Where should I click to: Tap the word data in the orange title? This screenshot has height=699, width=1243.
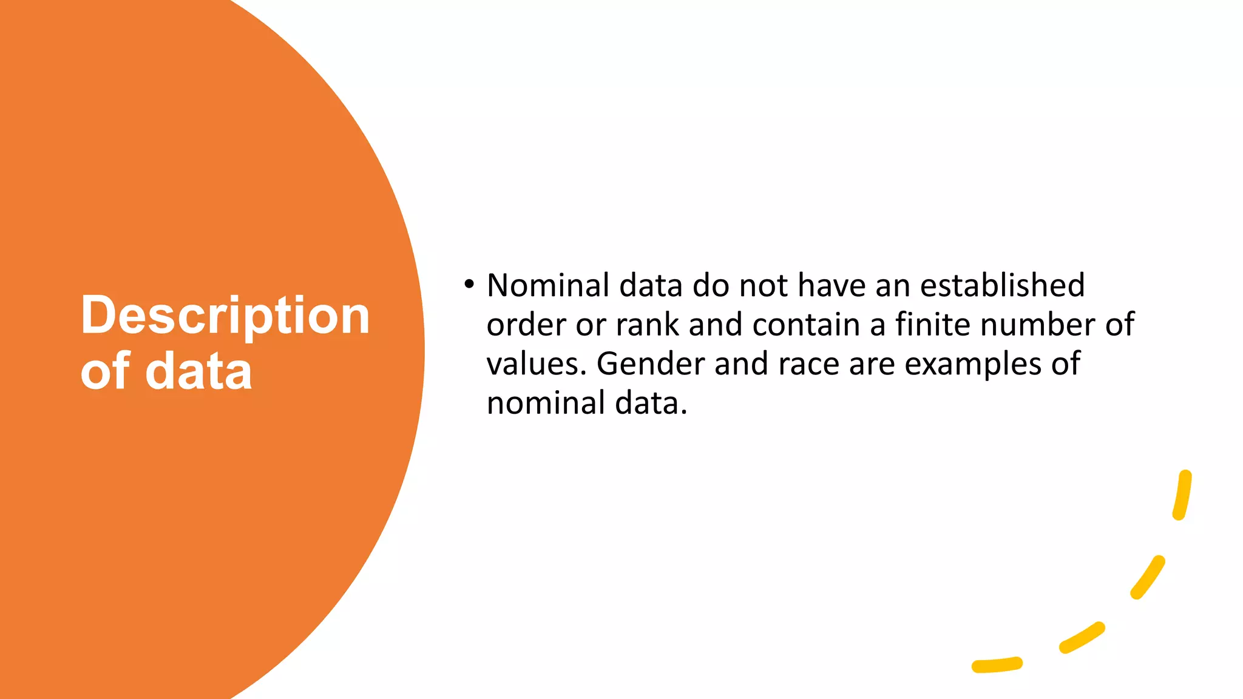(x=198, y=371)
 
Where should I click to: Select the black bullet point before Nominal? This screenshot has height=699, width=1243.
(x=469, y=284)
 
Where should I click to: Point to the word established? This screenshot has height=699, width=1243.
(x=1002, y=285)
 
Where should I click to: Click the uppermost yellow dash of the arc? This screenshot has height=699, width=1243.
(x=1182, y=495)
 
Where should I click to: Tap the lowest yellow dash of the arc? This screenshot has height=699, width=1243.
(x=997, y=665)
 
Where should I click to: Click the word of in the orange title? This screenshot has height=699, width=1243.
(x=105, y=371)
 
